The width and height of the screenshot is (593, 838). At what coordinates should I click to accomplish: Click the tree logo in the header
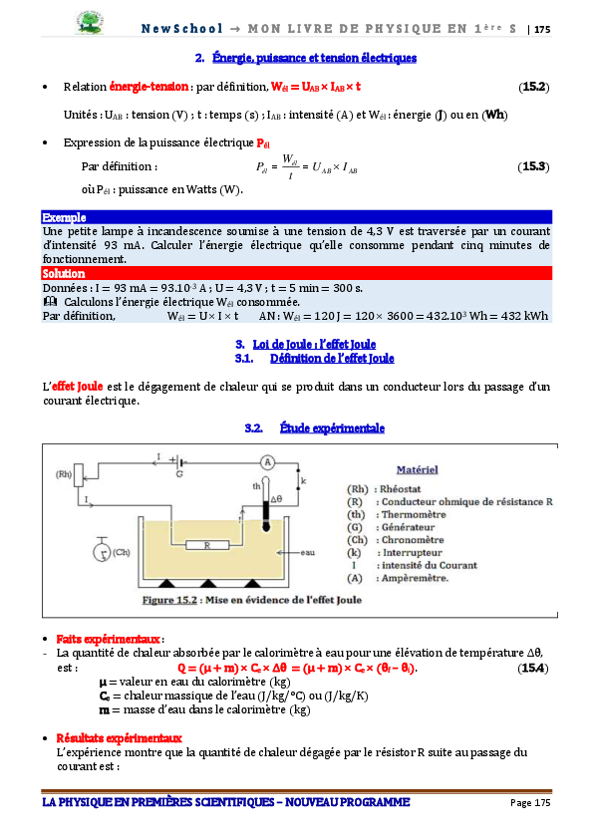pyautogui.click(x=90, y=23)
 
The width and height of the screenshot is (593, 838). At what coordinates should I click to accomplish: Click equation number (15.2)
pyautogui.click(x=533, y=87)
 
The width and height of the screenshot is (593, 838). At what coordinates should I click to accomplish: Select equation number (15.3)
pyautogui.click(x=533, y=166)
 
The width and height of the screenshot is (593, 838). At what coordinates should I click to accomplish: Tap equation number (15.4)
pyautogui.click(x=532, y=668)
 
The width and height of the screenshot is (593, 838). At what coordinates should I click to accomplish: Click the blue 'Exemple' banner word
pyautogui.click(x=64, y=217)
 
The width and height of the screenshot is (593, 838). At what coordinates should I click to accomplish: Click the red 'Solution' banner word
pyautogui.click(x=64, y=274)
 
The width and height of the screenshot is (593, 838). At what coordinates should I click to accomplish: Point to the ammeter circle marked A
pyautogui.click(x=267, y=462)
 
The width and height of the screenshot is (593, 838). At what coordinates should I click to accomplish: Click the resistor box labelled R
pyautogui.click(x=207, y=545)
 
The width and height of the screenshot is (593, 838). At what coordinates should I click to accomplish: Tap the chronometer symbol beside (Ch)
pyautogui.click(x=102, y=550)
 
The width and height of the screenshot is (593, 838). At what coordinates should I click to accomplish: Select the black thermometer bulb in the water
pyautogui.click(x=266, y=526)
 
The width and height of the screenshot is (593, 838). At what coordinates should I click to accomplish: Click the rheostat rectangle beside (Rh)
pyautogui.click(x=79, y=475)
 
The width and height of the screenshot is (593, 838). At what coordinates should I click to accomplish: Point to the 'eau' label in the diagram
pyautogui.click(x=307, y=552)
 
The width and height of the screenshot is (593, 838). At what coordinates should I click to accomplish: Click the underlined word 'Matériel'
pyautogui.click(x=417, y=469)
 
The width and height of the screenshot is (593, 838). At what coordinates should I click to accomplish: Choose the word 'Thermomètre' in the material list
pyautogui.click(x=414, y=514)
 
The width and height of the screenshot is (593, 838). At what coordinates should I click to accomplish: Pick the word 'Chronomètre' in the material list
pyautogui.click(x=413, y=540)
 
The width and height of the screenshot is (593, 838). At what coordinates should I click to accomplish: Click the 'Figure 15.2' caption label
pyautogui.click(x=169, y=600)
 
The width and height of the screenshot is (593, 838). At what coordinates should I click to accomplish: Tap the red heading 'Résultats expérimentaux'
pyautogui.click(x=120, y=738)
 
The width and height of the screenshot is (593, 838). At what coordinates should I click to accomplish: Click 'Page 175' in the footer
pyautogui.click(x=530, y=802)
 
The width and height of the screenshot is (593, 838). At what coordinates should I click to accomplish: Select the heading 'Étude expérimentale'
pyautogui.click(x=332, y=428)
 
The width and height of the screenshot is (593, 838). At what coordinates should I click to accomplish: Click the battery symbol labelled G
pyautogui.click(x=178, y=462)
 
